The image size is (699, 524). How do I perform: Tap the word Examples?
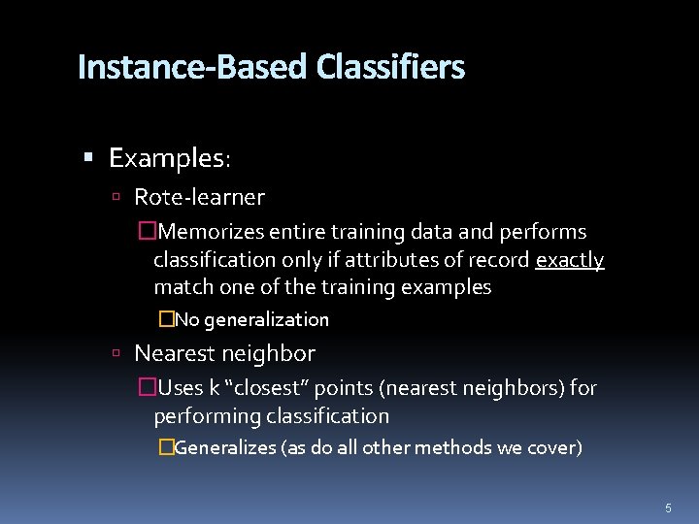(x=168, y=157)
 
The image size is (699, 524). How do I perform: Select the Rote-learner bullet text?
(x=199, y=198)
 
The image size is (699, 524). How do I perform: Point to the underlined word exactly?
(x=570, y=260)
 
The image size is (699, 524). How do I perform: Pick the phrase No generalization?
(x=251, y=319)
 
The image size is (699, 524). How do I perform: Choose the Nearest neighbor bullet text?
(x=224, y=353)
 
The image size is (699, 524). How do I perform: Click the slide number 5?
(x=668, y=508)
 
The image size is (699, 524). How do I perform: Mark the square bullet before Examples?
(x=88, y=157)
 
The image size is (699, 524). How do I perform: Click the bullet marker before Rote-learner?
(x=116, y=198)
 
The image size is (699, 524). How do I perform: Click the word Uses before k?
(x=181, y=388)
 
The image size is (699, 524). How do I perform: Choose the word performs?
(x=543, y=232)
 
